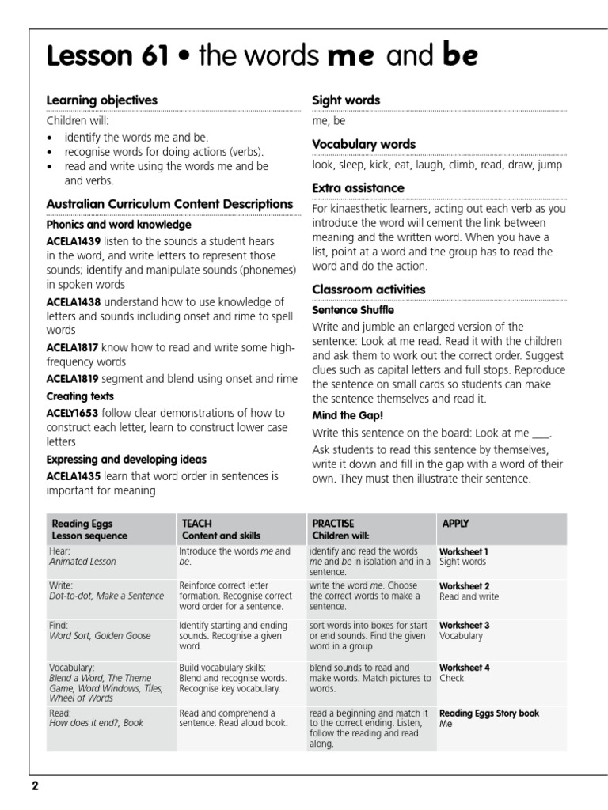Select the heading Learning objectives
tap(102, 100)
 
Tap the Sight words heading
tap(346, 100)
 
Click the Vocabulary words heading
tap(364, 144)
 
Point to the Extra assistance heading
tap(358, 188)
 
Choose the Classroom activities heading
tap(369, 290)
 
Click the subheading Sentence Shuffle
tap(353, 310)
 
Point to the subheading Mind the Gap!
tap(347, 415)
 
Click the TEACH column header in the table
tap(197, 524)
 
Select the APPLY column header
tap(455, 524)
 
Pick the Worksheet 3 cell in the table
tap(465, 625)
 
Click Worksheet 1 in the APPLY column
tap(465, 551)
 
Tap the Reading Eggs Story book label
tap(489, 713)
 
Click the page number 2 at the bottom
tap(35, 786)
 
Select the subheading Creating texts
tap(80, 396)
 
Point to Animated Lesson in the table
tap(82, 562)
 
